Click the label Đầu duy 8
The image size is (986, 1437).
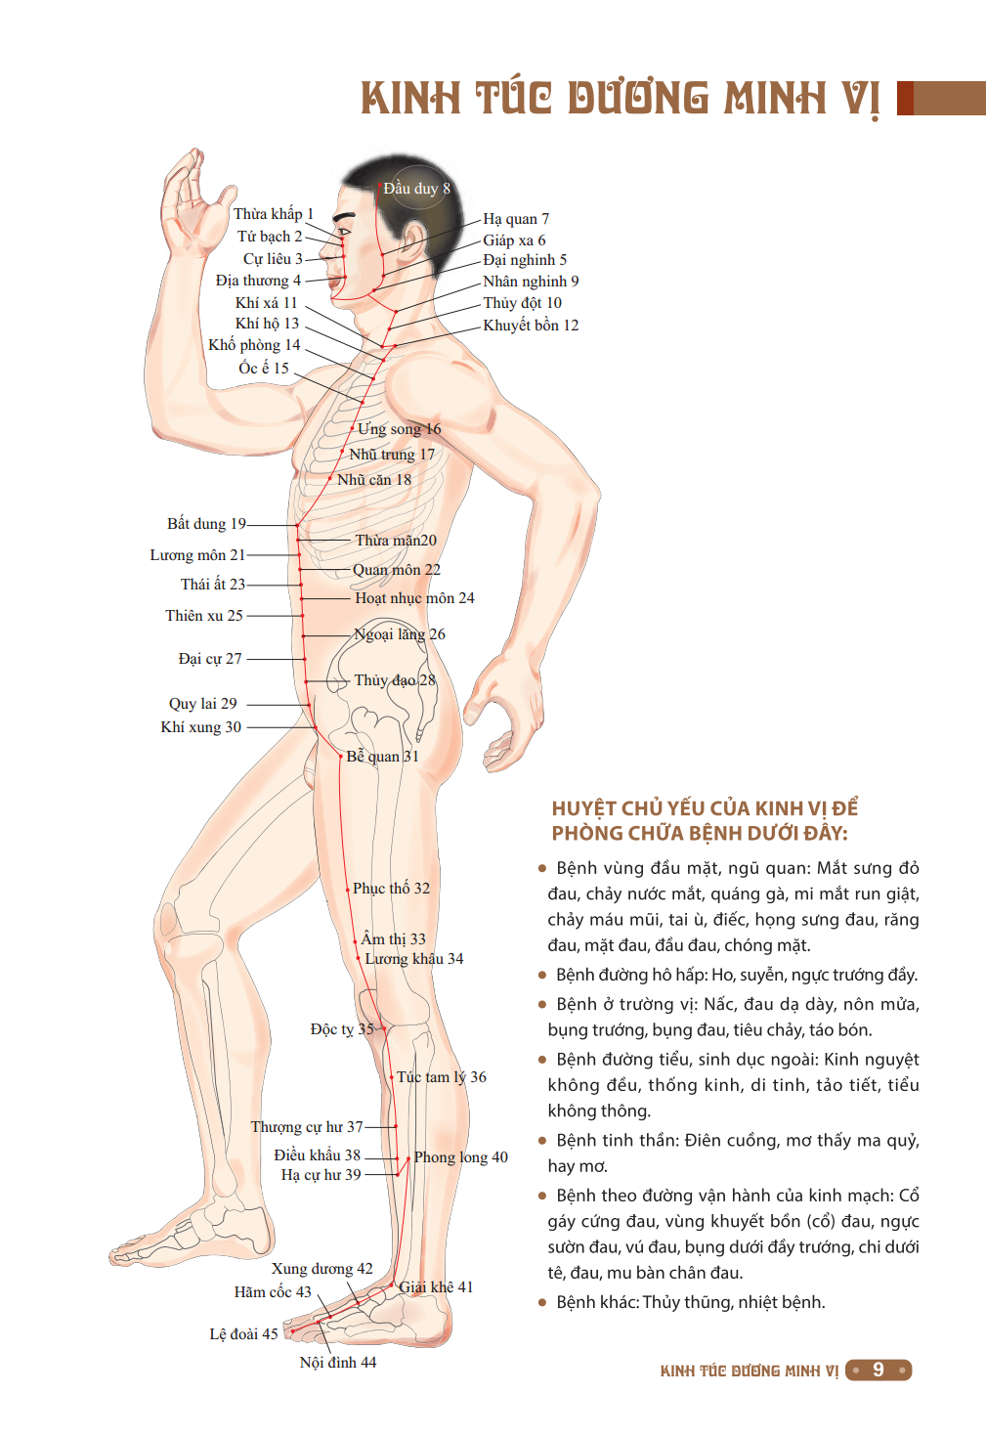tap(416, 188)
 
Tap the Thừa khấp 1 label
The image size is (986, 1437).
tap(273, 214)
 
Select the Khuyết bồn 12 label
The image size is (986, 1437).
tap(531, 326)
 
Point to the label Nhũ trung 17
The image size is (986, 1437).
tap(392, 455)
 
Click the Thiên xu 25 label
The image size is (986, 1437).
tap(204, 615)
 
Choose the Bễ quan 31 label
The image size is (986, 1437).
tap(383, 757)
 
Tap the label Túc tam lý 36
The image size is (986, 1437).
tap(441, 1077)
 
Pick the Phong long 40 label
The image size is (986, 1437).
tap(461, 1157)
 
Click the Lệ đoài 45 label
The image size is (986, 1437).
tap(243, 1334)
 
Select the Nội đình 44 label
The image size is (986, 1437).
tap(338, 1363)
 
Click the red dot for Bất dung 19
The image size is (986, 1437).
tap(297, 525)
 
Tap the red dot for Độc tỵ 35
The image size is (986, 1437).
tap(384, 1029)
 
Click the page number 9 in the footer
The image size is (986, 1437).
tap(879, 1371)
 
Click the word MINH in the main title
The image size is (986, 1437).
tap(776, 98)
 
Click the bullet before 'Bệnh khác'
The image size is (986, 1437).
tap(542, 1303)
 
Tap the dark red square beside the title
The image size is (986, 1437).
tap(905, 98)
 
